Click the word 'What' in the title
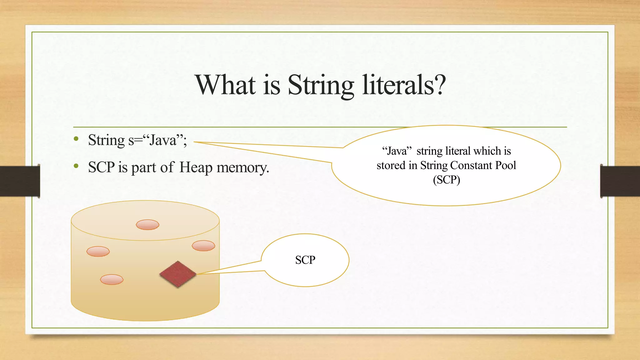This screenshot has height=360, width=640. coord(225,85)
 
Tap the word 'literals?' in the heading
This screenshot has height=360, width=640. coord(404,85)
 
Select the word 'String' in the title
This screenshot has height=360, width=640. coord(321,86)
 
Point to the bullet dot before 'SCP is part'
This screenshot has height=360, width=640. coord(76,166)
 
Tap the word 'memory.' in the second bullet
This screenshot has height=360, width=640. coord(243,168)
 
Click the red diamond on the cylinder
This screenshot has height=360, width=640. coord(178,274)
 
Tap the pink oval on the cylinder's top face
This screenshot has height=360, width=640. coord(147,225)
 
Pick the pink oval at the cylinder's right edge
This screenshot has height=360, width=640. coord(203,246)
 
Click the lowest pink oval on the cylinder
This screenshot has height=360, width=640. coord(112,279)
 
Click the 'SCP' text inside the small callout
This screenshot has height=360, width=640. coord(305,260)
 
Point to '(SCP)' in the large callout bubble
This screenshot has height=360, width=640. coord(446,180)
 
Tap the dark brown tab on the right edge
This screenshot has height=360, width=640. coord(620,181)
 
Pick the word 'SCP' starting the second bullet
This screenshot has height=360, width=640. coord(101,167)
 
